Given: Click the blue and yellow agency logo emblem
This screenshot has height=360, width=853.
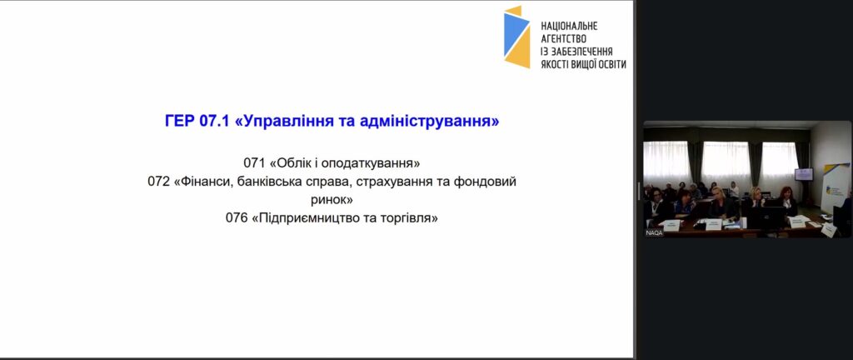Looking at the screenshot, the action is [x=516, y=37].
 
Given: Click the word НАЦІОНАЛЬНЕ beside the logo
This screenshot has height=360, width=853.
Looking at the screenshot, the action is [x=569, y=26].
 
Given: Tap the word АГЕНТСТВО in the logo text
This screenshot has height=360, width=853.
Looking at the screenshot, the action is [x=564, y=38].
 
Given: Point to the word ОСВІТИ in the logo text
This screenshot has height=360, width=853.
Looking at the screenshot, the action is [x=611, y=63].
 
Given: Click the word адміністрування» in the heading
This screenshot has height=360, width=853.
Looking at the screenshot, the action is [x=430, y=122].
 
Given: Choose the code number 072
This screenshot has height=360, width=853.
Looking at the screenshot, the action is [x=158, y=182].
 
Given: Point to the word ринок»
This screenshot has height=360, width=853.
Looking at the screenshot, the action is [x=332, y=200].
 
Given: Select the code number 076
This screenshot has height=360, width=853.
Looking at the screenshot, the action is [x=236, y=218].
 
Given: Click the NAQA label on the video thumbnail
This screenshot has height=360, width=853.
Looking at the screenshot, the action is [x=654, y=232].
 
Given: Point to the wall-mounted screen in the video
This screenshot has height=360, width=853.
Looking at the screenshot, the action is [x=804, y=174].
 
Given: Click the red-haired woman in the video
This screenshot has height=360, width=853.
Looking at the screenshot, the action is [x=786, y=201].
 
